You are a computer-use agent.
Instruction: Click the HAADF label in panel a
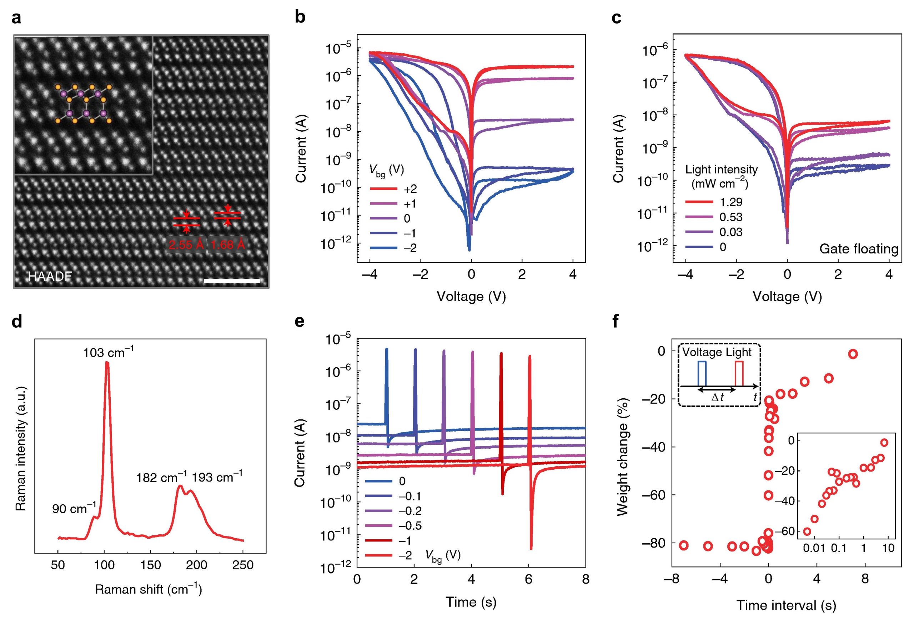[50, 276]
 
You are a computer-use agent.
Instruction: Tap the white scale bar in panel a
[232, 281]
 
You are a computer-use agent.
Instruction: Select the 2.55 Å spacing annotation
[186, 245]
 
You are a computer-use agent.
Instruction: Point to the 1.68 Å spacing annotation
[228, 245]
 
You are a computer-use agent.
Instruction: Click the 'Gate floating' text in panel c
[859, 249]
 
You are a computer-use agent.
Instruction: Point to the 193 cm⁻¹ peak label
[217, 477]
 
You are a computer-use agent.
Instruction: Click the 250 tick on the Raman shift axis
[243, 565]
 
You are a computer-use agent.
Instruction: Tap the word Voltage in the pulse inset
[702, 352]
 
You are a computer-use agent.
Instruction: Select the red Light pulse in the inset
[739, 373]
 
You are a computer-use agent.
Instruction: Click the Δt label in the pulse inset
[717, 398]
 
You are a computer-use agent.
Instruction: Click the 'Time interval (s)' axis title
[786, 605]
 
